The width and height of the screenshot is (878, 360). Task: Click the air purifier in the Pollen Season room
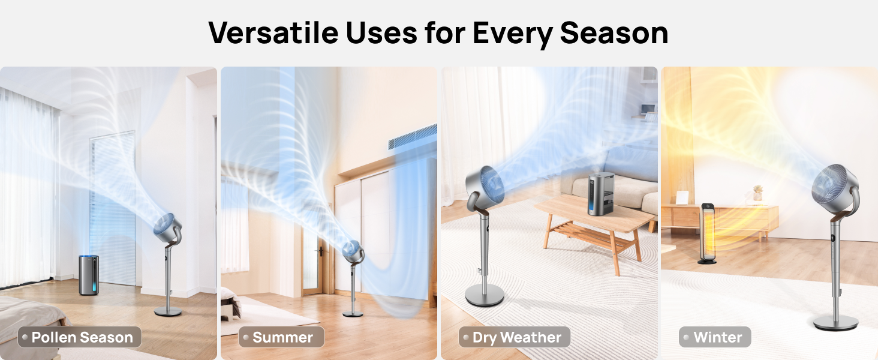point(89,274)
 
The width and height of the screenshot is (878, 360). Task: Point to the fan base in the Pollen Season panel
point(168,311)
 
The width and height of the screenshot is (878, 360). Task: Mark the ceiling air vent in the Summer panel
point(412,137)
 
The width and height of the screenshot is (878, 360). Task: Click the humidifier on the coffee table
point(602,193)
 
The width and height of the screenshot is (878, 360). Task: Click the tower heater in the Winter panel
point(708,233)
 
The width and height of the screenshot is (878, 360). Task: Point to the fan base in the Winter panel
point(835,322)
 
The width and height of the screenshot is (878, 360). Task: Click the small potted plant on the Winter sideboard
point(757,192)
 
